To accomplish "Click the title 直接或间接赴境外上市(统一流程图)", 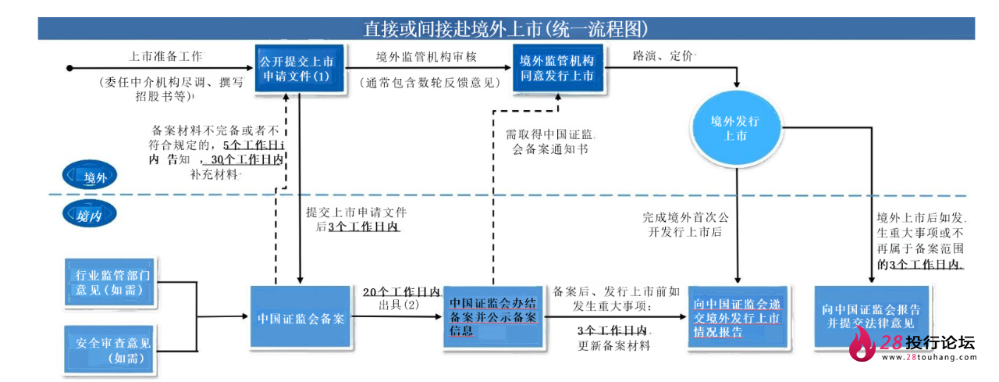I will click(x=506, y=29).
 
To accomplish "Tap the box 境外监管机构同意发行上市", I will click(x=556, y=68).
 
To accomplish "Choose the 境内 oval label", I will click(x=91, y=216).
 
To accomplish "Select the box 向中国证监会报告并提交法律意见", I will click(x=870, y=316).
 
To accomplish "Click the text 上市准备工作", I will click(x=165, y=57).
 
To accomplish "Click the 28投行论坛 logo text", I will click(x=927, y=342).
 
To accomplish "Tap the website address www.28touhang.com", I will click(x=929, y=358).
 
